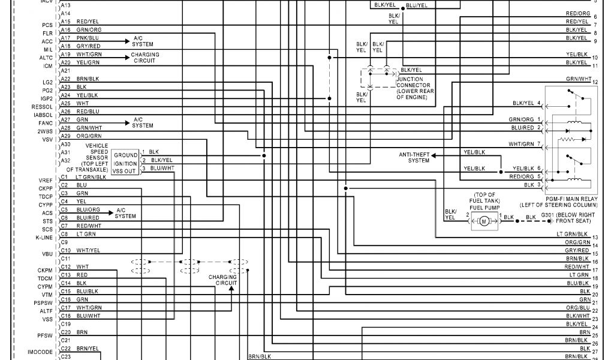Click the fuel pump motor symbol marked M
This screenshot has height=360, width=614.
484,222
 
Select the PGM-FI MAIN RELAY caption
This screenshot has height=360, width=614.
571,201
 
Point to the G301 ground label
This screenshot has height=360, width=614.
575,217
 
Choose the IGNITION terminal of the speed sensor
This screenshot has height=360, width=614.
125,163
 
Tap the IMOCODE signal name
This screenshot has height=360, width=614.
40,351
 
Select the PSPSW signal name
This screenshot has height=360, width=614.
44,303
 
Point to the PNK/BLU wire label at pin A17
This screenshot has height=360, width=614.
88,37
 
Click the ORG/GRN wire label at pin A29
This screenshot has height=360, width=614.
89,136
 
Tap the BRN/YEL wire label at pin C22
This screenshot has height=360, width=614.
88,348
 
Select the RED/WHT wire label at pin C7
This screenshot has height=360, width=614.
88,226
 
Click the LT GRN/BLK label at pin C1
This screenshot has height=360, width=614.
91,177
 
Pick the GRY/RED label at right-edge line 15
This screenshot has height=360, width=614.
577,250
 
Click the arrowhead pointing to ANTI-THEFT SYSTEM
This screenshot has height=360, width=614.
434,155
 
